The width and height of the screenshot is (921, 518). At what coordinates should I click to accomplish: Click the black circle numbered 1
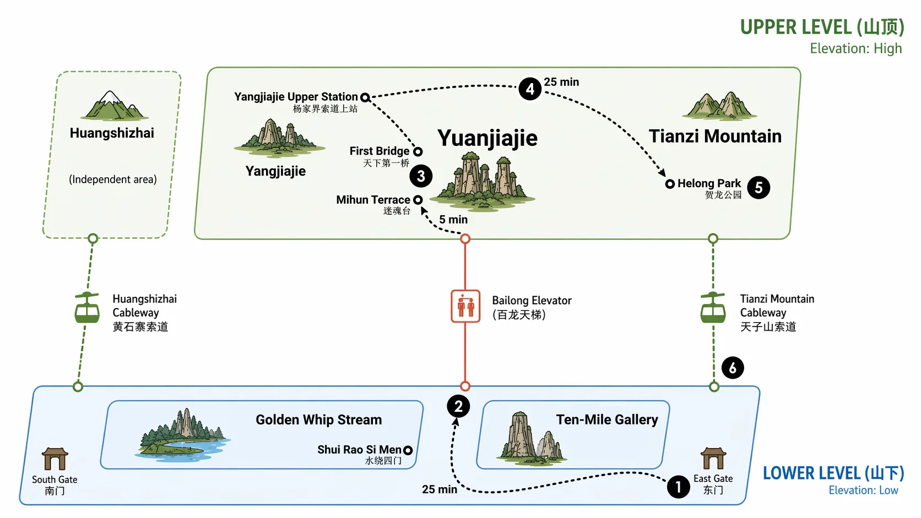(678, 487)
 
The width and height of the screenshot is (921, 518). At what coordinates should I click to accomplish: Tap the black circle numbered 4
(530, 89)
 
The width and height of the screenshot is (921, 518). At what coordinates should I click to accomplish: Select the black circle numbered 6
(733, 368)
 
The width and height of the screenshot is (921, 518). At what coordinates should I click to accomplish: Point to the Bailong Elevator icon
(465, 306)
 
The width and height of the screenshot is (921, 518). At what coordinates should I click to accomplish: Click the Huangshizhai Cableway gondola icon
(87, 308)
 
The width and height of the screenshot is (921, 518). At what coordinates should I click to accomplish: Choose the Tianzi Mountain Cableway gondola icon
(713, 308)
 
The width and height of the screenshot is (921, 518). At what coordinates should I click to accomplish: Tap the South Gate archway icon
(55, 459)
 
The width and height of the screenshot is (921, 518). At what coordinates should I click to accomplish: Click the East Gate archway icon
(713, 458)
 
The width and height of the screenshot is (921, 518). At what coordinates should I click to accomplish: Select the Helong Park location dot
(670, 184)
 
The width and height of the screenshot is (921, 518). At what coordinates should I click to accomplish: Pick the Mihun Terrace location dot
(418, 200)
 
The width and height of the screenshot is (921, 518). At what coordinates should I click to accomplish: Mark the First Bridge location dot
(418, 151)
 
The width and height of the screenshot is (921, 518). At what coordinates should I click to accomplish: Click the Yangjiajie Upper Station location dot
(365, 98)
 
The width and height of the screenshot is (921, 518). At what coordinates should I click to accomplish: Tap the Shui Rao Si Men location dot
(408, 450)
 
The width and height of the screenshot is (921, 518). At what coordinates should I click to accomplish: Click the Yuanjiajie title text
(487, 138)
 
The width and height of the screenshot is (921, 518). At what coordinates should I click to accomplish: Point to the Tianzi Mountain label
(715, 136)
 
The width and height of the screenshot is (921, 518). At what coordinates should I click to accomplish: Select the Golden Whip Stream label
(318, 420)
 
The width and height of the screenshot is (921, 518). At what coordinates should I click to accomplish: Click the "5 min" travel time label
(453, 220)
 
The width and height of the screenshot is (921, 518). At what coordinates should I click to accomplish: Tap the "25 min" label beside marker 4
(561, 82)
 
